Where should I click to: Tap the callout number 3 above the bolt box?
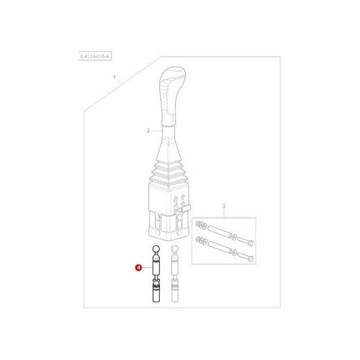point(223,205)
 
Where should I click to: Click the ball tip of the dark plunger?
point(155,251)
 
